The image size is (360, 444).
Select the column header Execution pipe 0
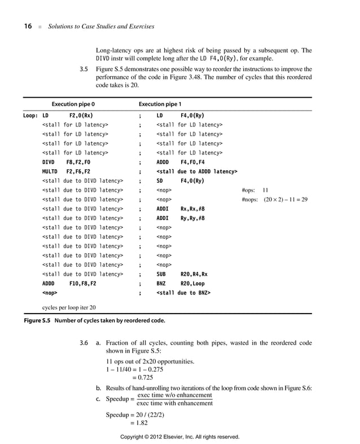point(73,104)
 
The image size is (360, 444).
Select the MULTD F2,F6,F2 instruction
point(66,171)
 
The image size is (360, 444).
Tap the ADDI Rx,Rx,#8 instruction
point(180,209)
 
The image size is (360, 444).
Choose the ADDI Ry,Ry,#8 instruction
point(180,218)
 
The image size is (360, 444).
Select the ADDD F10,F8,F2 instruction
point(69,284)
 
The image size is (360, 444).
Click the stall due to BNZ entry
point(183,293)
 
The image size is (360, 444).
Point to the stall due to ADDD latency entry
point(196,171)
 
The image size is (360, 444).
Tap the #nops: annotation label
point(249,200)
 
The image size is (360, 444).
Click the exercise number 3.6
point(84,343)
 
